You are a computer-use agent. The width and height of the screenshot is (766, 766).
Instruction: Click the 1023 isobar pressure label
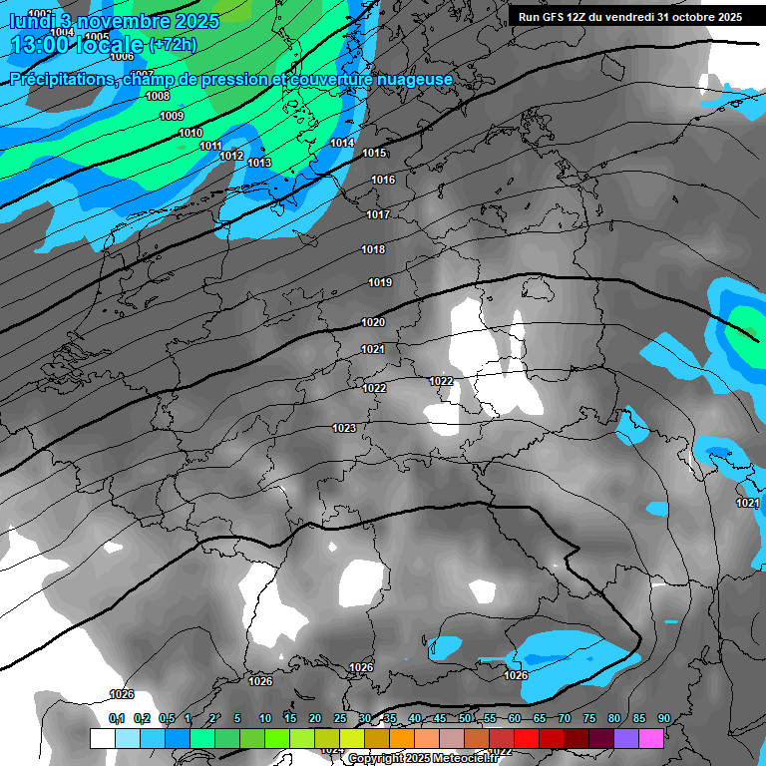[x=344, y=428]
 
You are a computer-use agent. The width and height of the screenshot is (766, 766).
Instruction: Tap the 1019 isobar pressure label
[x=380, y=282]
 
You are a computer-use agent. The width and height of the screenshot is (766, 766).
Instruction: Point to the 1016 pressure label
[x=383, y=180]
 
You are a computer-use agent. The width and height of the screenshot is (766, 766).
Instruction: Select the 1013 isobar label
[x=259, y=163]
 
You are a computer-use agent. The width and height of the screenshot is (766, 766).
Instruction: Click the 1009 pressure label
[x=172, y=116]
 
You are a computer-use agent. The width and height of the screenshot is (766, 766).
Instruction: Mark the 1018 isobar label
[x=373, y=249]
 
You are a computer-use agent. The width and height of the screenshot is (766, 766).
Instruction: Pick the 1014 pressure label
[x=342, y=143]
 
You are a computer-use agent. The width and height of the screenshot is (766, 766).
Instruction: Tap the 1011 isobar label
[x=210, y=146]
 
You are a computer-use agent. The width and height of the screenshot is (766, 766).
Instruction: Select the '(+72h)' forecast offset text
[x=173, y=45]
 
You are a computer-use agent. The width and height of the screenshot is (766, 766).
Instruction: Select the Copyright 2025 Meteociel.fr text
[x=423, y=758]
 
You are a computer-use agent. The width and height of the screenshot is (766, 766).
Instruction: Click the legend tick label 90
[x=663, y=718]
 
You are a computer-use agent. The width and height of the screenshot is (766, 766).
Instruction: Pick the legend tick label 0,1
[x=117, y=718]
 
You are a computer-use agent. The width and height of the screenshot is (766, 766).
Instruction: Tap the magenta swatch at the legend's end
[x=651, y=738]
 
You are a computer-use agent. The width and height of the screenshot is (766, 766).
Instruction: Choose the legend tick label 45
[x=440, y=718]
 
